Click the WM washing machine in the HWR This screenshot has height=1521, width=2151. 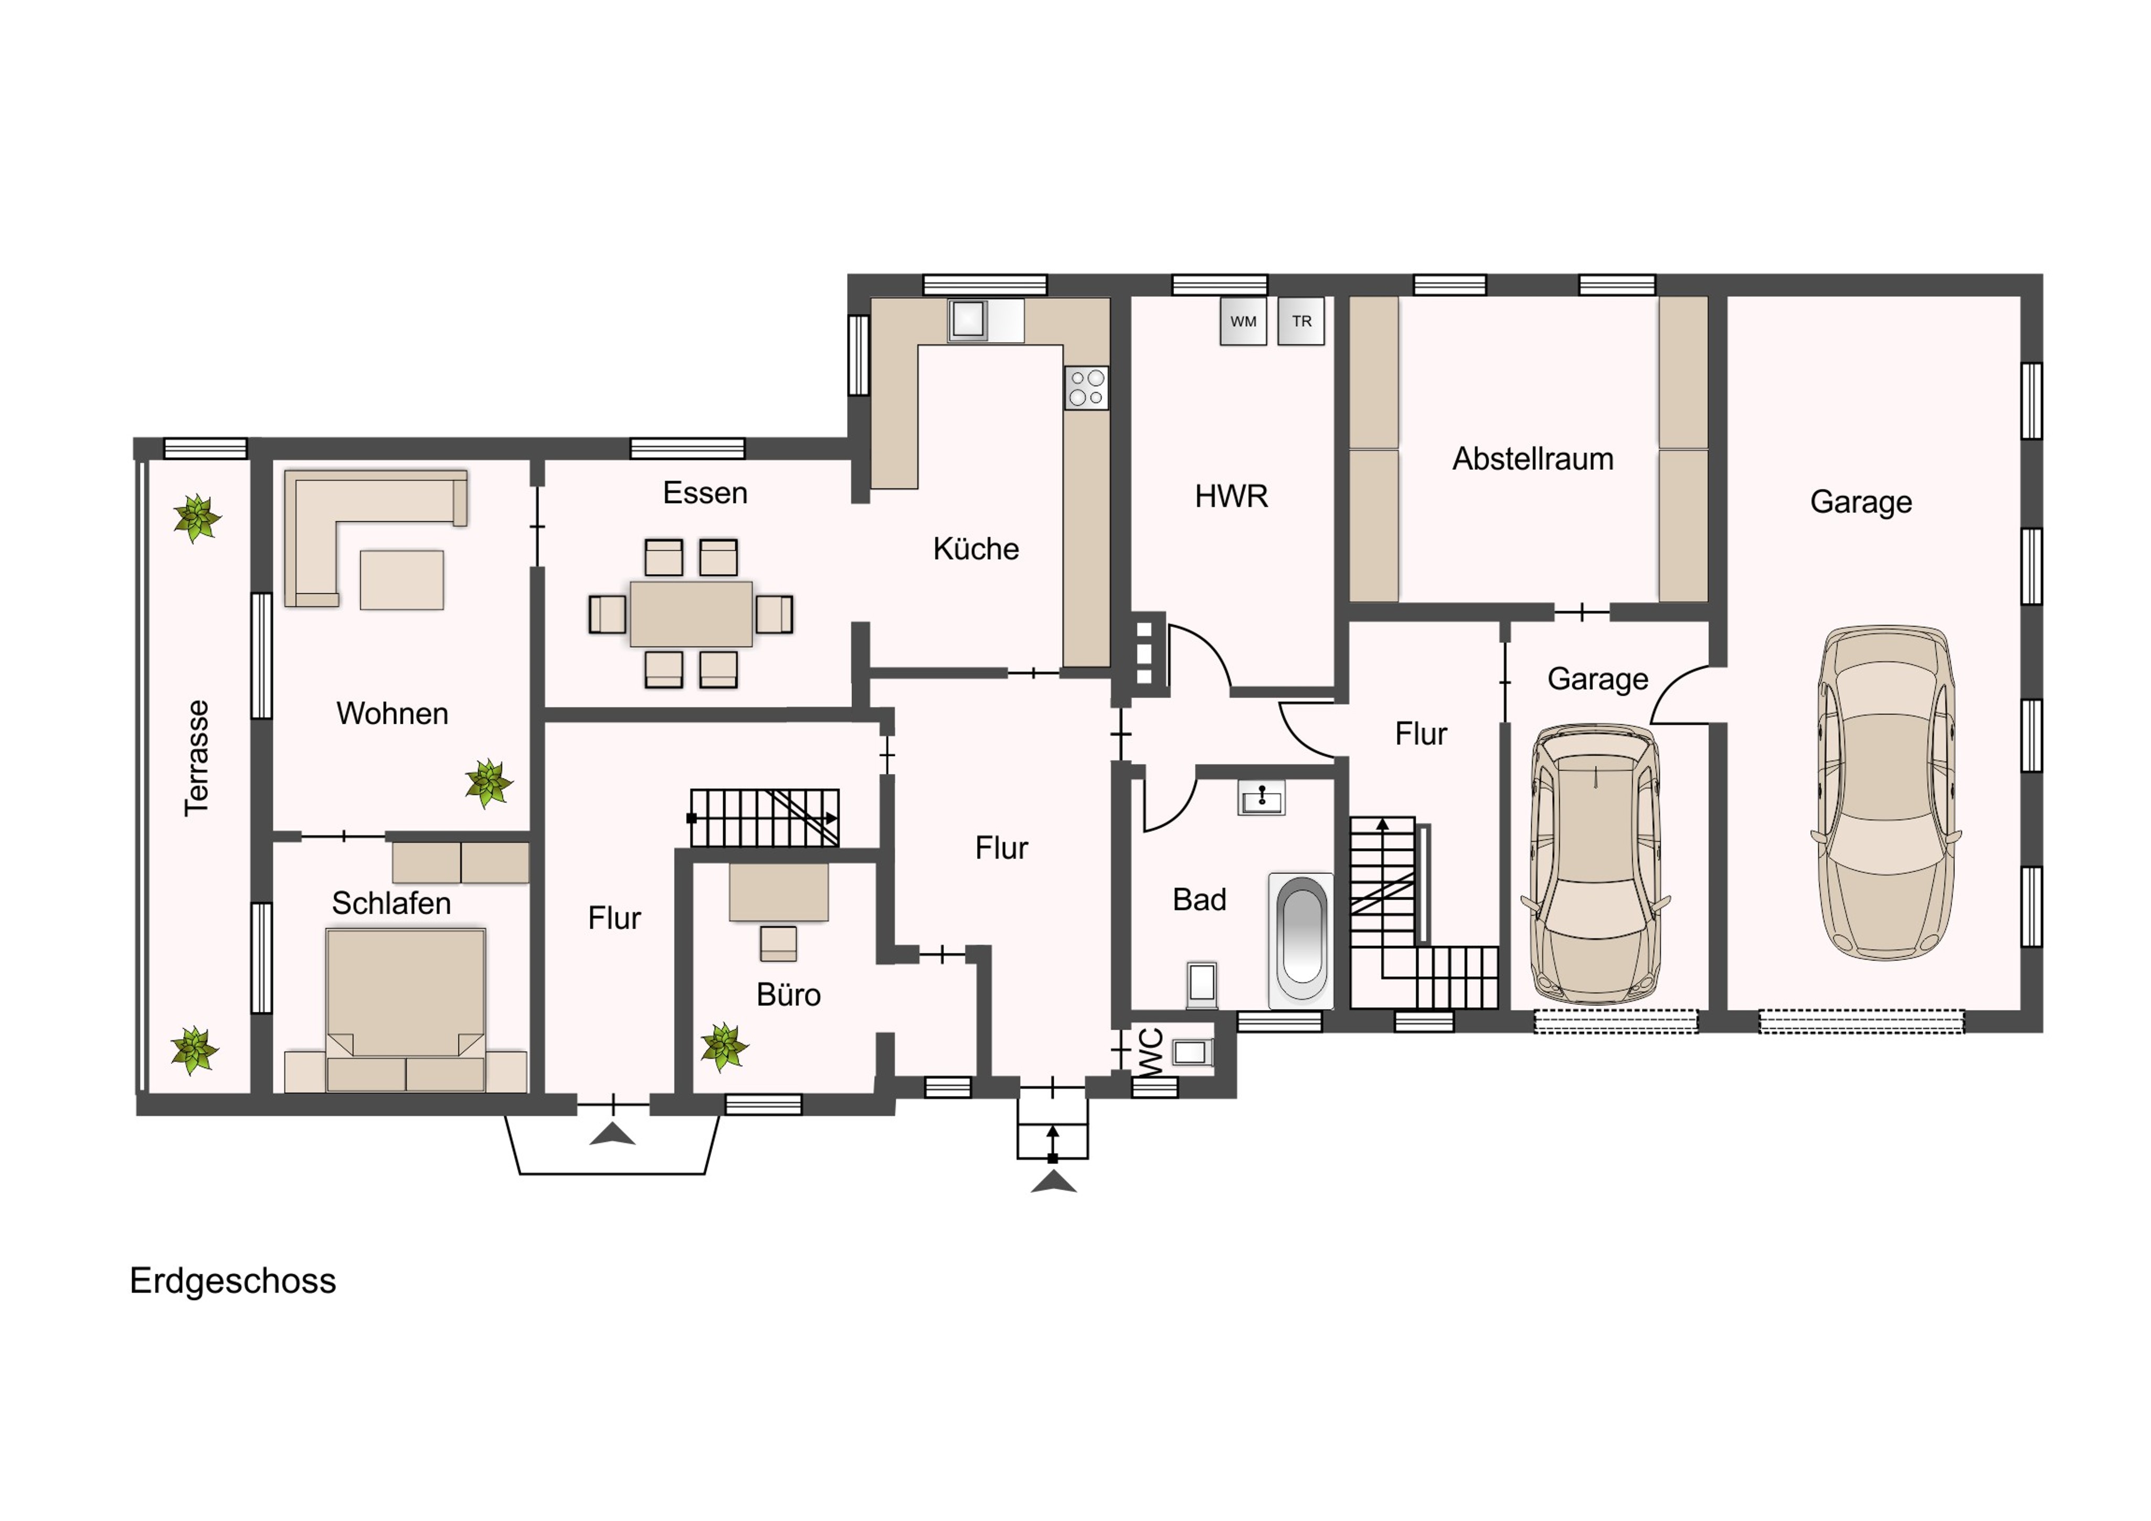(1243, 321)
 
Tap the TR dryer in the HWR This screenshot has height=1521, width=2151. (1301, 321)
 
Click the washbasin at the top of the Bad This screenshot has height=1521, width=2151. (1262, 798)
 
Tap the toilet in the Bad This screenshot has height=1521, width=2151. (1202, 984)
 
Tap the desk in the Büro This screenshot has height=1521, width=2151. (779, 891)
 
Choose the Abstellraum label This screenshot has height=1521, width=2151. (1533, 459)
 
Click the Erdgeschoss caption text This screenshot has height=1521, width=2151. (232, 1281)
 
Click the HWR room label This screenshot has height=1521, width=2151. (1231, 496)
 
